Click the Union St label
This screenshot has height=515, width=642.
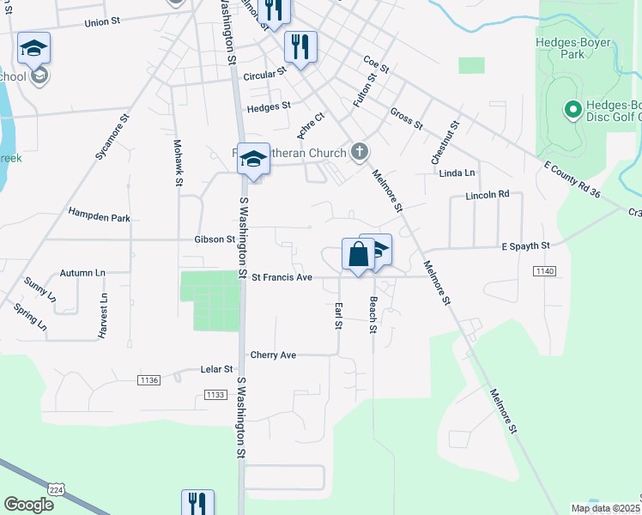[102, 21]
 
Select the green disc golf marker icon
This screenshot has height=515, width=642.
[572, 109]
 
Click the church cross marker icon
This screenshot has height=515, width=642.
[360, 153]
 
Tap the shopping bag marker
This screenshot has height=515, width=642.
[358, 254]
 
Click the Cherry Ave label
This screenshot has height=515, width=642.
[273, 354]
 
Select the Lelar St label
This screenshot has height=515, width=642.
[216, 369]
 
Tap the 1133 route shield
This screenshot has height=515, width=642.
[215, 395]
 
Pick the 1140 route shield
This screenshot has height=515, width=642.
[544, 271]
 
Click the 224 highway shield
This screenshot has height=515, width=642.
[57, 489]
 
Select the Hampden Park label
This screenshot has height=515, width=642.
[100, 218]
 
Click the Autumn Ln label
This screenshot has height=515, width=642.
[82, 273]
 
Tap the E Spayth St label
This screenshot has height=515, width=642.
[525, 246]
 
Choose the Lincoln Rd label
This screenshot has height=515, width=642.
[488, 195]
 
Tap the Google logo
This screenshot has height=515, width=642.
[28, 504]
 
